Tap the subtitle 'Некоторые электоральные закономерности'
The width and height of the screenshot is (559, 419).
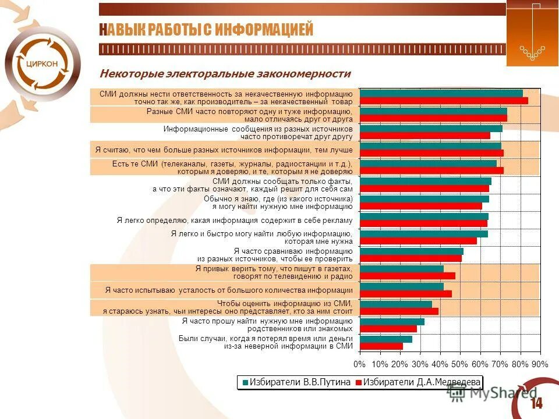point(225,74)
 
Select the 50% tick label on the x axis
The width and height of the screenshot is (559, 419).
point(460,364)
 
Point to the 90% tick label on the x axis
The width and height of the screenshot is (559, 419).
point(540,364)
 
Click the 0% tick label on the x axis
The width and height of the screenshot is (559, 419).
point(360,364)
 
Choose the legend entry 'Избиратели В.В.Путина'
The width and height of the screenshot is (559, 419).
point(296,382)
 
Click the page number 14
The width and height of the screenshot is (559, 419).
point(536,403)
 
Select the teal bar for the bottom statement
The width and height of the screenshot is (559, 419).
point(385,339)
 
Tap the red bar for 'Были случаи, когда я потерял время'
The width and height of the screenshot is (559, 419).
point(381,346)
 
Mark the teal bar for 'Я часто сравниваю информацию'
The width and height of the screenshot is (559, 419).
point(411,251)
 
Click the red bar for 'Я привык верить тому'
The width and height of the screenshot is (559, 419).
point(407,276)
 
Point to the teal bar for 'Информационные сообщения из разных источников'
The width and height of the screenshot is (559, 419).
point(431,129)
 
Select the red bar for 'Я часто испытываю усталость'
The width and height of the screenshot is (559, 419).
point(405,294)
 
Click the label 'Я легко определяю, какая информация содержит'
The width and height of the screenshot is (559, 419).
point(235,220)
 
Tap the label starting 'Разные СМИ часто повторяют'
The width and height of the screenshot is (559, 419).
point(249,115)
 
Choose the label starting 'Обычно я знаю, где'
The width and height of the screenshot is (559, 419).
point(278,203)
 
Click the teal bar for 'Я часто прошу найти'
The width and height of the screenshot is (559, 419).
point(392,322)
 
